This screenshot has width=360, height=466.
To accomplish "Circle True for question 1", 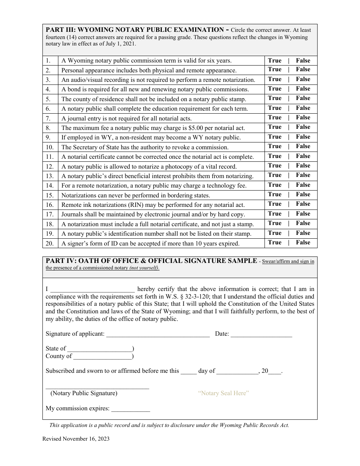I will coord(275,61).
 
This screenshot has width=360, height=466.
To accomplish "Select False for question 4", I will coord(303,89).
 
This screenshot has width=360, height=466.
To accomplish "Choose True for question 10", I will coord(275,147).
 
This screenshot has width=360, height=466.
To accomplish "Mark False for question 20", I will coord(303,243).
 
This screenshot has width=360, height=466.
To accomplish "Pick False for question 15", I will coord(303,195).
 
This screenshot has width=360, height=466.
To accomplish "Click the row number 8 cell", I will coord(50,128).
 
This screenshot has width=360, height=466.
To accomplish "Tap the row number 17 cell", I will coord(50,214).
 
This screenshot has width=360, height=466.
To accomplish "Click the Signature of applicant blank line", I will coord(158,335).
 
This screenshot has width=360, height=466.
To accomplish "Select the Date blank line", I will coord(261,335).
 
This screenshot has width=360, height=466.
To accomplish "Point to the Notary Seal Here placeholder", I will coord(223,393).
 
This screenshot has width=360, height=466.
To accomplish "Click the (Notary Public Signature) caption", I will coord(84,393).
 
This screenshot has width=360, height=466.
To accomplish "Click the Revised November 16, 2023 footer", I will coord(76,439).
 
